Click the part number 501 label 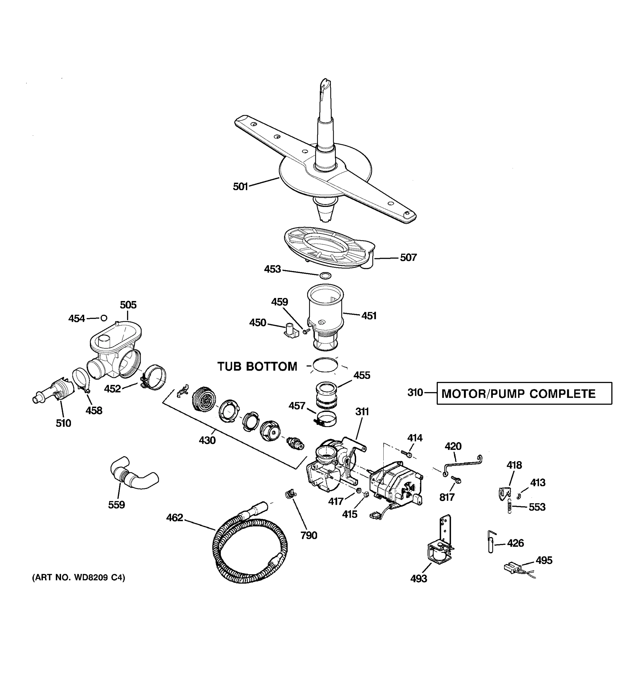[240, 187]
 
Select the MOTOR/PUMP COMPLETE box [524, 394]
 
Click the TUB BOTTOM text [257, 367]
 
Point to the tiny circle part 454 [104, 318]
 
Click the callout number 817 [447, 497]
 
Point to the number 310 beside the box [415, 393]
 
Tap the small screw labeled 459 [306, 331]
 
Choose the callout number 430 [207, 440]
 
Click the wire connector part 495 [512, 568]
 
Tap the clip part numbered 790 [291, 494]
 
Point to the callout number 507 [408, 258]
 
